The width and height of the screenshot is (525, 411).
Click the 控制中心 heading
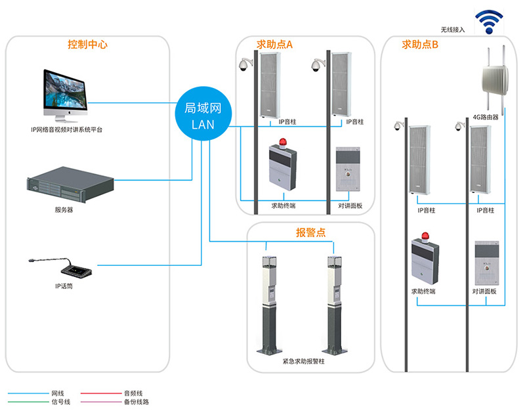pos(87,45)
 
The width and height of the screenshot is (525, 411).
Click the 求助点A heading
pos(274,45)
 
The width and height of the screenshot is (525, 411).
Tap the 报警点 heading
pos(310,233)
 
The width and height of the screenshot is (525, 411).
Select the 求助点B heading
pos(420,45)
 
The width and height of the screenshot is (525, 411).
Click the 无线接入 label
pos(453,30)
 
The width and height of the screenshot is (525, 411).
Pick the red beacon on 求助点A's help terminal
pos(282,142)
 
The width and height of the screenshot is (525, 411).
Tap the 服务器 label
pos(64,211)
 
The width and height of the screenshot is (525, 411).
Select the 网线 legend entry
pos(58,393)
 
